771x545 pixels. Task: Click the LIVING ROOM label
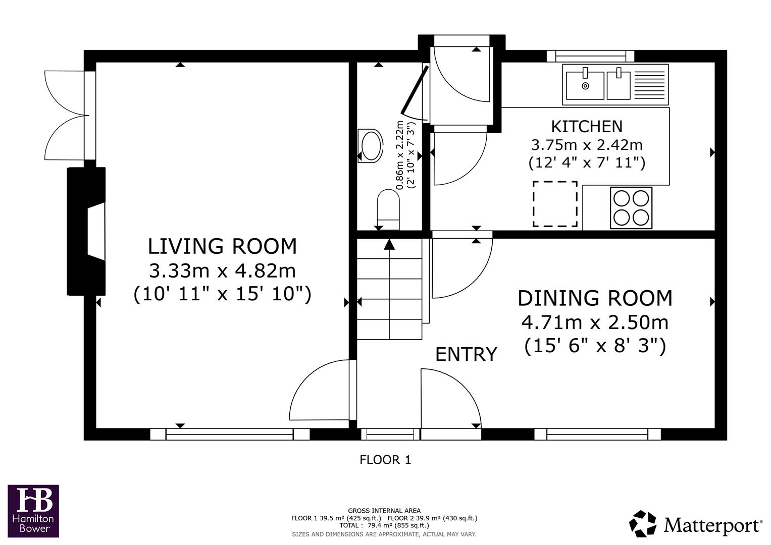pyautogui.click(x=222, y=246)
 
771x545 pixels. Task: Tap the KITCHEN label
pyautogui.click(x=586, y=126)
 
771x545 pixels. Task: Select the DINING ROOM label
pyautogui.click(x=595, y=298)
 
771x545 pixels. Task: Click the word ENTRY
pyautogui.click(x=466, y=355)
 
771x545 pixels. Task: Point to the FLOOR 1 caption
pyautogui.click(x=385, y=460)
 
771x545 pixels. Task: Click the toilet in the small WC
pyautogui.click(x=388, y=207)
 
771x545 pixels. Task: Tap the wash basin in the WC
pyautogui.click(x=371, y=146)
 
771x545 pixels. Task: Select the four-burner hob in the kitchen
pyautogui.click(x=631, y=207)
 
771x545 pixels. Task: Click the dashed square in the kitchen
pyautogui.click(x=555, y=204)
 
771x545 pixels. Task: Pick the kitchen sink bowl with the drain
pyautogui.click(x=585, y=85)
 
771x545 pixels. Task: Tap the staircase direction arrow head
pyautogui.click(x=389, y=244)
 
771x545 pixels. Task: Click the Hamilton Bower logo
pyautogui.click(x=33, y=511)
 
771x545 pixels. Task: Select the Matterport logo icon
pyautogui.click(x=642, y=523)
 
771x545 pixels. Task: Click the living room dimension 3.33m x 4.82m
pyautogui.click(x=222, y=271)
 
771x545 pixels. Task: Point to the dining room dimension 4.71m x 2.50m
pyautogui.click(x=595, y=322)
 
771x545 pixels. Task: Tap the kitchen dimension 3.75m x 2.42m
pyautogui.click(x=586, y=145)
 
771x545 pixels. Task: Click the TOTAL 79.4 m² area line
pyautogui.click(x=384, y=525)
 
